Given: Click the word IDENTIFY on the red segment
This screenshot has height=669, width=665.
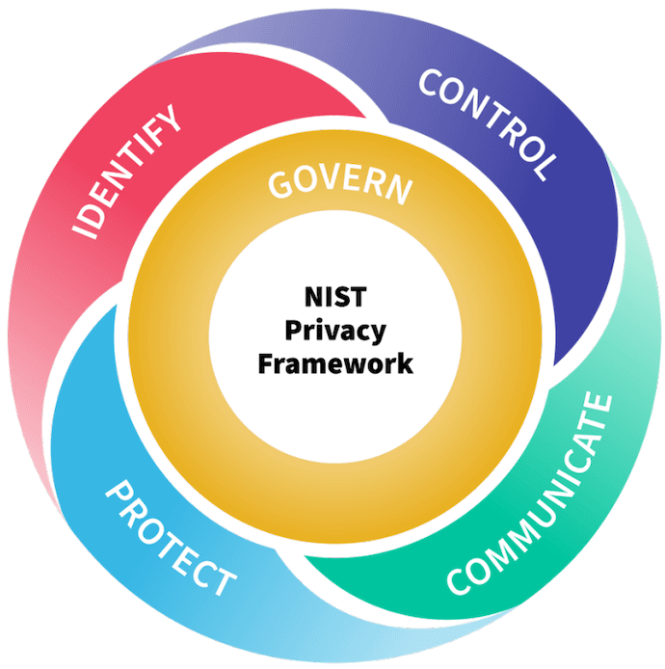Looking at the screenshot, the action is tap(126, 172).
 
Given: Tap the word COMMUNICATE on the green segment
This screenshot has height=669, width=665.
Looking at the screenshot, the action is tap(529, 495).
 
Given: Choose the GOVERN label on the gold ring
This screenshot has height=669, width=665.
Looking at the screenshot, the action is tap(340, 186).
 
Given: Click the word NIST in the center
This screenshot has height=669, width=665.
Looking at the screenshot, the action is tap(335, 297).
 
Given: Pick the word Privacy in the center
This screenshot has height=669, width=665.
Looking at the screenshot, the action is tap(335, 332).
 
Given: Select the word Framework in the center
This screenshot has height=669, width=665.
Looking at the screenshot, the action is tap(335, 364).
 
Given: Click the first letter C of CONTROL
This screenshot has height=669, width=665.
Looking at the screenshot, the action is tap(431, 81).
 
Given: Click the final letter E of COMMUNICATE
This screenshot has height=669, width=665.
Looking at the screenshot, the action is tap(599, 406).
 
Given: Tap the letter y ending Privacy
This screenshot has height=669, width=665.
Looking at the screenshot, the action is tap(379, 334).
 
